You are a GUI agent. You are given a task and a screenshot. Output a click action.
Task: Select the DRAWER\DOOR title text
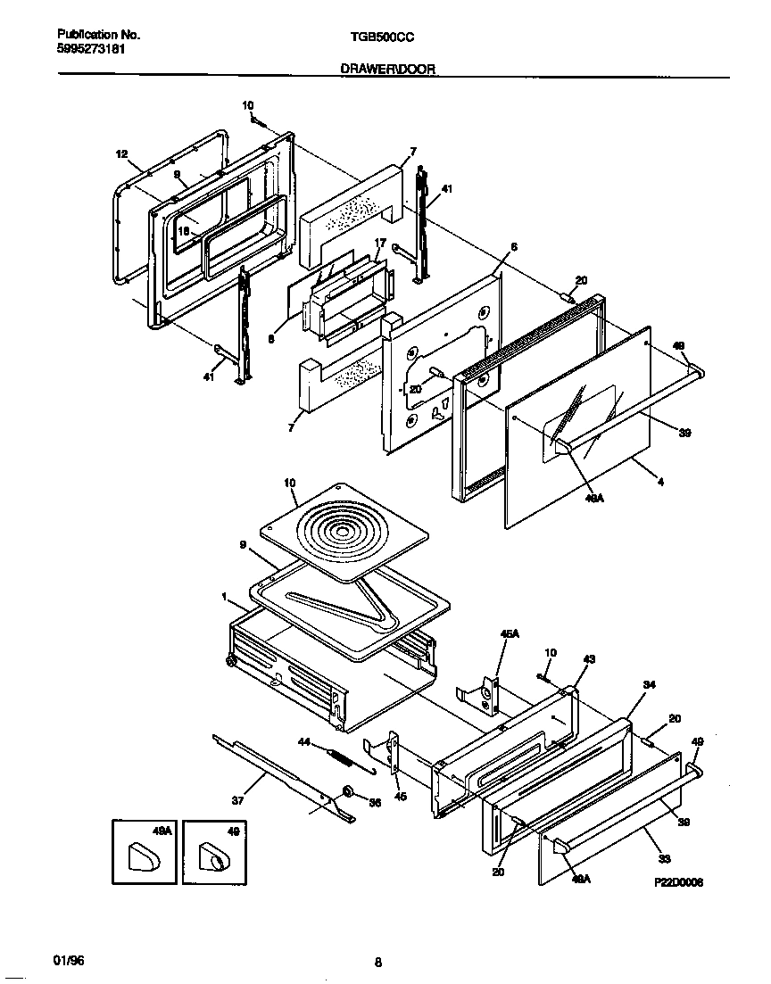coord(388,68)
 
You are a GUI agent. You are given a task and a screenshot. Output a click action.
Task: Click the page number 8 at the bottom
coord(378,962)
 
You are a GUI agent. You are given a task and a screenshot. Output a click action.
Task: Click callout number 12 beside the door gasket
coord(121,153)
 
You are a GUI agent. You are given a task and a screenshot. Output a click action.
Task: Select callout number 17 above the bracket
coord(379,242)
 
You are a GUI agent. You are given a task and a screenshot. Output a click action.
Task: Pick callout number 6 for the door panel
coord(513,246)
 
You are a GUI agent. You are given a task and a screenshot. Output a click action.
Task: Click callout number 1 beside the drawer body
coord(225,596)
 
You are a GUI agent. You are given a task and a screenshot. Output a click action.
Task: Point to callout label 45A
coord(509,634)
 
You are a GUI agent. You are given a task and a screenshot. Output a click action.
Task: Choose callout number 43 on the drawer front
coord(589,659)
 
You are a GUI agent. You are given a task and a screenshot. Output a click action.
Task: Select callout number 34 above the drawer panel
coord(649,684)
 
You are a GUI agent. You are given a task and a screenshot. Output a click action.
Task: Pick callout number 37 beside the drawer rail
coord(237,800)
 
